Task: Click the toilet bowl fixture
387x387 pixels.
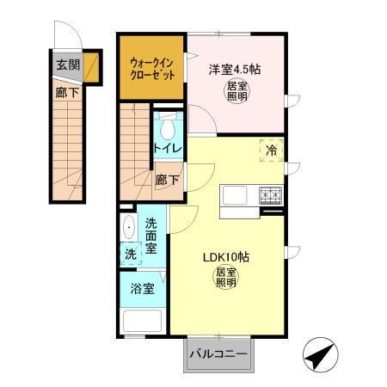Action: (167, 129)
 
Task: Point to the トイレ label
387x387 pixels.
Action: (167, 149)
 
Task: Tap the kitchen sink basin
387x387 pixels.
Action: (235, 195)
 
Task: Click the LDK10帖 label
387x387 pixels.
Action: (225, 256)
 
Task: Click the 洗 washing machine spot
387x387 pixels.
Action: (129, 255)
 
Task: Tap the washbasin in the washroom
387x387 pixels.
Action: (129, 230)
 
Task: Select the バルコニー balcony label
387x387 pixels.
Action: (218, 354)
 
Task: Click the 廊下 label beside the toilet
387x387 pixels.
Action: (168, 181)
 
